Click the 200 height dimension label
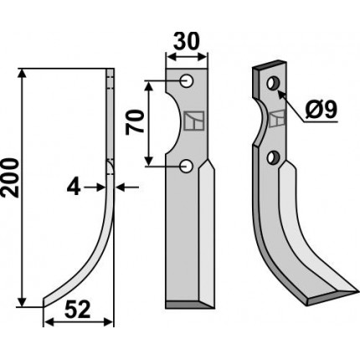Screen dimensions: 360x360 point(10,177)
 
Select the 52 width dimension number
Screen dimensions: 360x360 point(78,310)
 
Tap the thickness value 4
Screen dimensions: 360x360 point(74,188)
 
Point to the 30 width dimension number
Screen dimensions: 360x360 point(187,41)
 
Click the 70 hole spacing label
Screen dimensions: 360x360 point(135,122)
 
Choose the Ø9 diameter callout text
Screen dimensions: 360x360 point(321,110)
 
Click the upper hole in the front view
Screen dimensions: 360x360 point(186,81)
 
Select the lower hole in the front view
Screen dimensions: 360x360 point(186,166)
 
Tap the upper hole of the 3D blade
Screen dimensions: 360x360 point(272,83)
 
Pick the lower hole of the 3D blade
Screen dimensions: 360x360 point(271,157)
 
